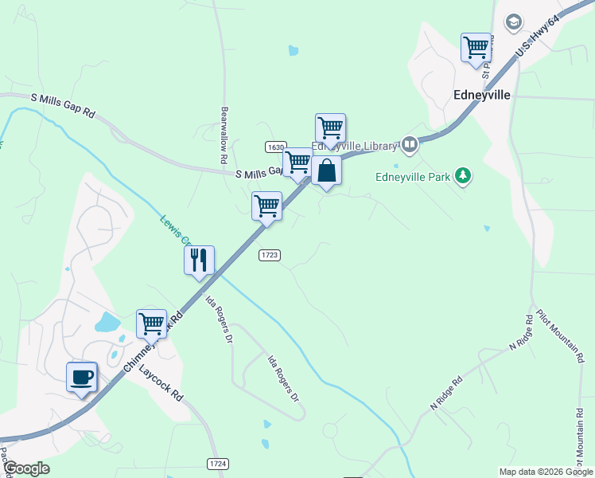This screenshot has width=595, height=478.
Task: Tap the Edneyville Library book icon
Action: [x=410, y=144]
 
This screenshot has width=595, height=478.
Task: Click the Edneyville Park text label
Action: [x=413, y=176]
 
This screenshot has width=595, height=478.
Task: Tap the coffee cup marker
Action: [x=81, y=377]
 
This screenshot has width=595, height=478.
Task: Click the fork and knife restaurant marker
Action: [x=199, y=260]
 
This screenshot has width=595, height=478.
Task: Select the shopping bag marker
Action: [x=326, y=170]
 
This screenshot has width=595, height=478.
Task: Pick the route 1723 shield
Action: [x=269, y=254]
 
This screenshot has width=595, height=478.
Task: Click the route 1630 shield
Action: [x=276, y=147]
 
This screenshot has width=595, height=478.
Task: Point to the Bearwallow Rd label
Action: [x=225, y=136]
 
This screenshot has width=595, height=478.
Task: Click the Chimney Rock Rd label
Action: [x=154, y=340]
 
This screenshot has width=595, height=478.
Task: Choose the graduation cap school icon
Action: [x=514, y=22]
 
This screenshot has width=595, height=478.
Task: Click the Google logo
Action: [x=26, y=468]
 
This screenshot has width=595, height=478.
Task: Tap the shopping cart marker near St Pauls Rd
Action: [x=476, y=46]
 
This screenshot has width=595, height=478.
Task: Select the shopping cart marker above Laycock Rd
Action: [x=151, y=323]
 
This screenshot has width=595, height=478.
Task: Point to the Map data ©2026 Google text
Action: [x=546, y=472]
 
